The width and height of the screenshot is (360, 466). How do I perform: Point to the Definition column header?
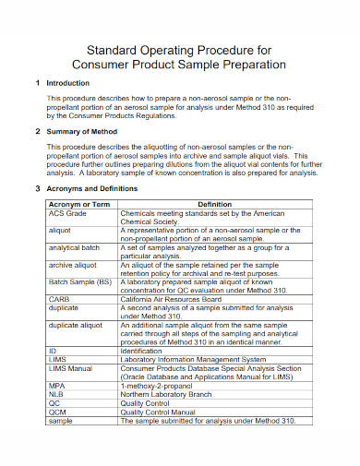(214, 204)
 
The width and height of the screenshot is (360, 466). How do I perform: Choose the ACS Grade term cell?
(66, 212)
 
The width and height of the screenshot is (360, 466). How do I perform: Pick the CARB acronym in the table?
(59, 299)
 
